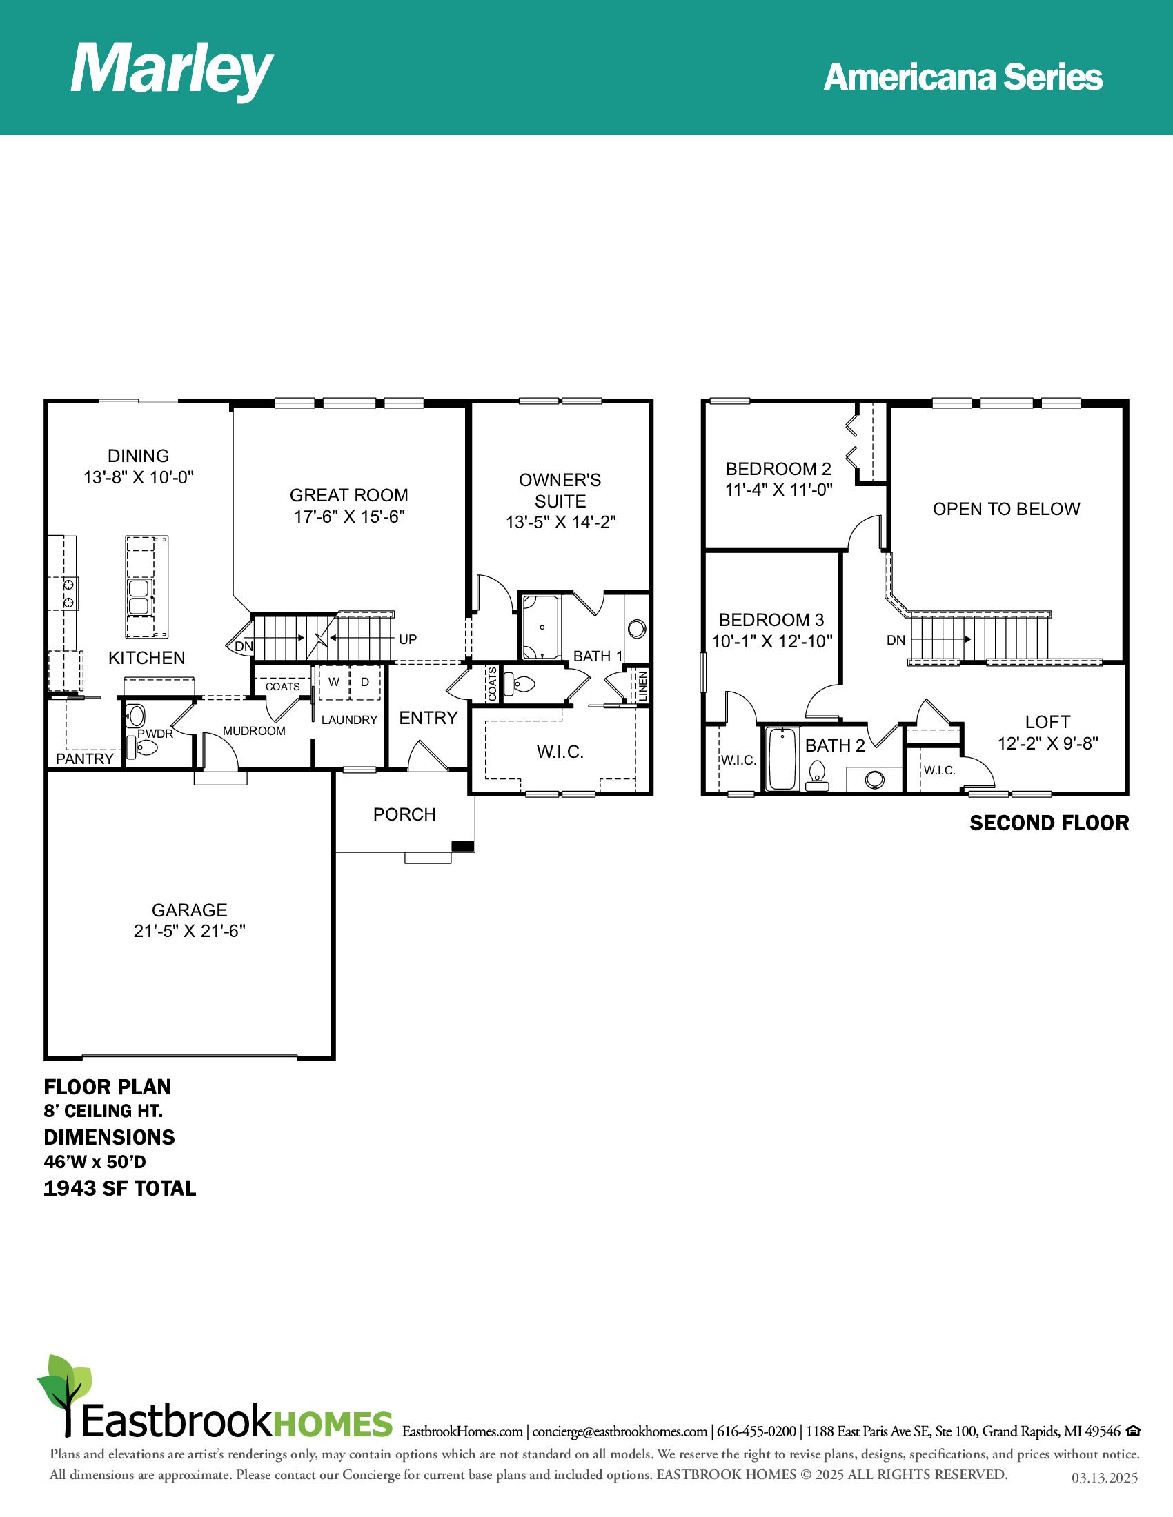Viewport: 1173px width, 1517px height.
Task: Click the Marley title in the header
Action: tap(172, 70)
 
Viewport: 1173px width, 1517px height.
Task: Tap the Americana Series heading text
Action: tap(963, 77)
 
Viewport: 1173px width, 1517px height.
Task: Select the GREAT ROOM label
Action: tap(349, 495)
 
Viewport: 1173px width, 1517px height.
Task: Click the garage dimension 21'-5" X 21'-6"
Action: tap(190, 931)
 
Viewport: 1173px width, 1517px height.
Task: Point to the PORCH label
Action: tap(404, 814)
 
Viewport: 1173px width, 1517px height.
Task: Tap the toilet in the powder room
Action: tap(143, 747)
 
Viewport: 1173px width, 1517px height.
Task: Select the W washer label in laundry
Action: tap(334, 682)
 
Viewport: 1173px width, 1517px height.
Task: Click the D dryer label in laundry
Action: tap(365, 682)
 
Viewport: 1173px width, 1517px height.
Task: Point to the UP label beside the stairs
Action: tap(408, 639)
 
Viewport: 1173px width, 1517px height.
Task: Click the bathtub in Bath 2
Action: tap(782, 758)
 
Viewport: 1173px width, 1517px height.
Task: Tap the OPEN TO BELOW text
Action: tap(1006, 509)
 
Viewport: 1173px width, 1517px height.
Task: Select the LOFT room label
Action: tap(1048, 723)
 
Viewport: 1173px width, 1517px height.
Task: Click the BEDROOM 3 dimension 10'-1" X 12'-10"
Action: tap(772, 641)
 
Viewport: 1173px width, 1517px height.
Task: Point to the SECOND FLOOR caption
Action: tap(1049, 823)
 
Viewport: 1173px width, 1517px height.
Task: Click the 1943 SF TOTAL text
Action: tap(120, 1189)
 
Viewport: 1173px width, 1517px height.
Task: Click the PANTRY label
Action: tap(85, 758)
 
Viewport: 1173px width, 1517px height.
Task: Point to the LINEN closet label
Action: tap(643, 685)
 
